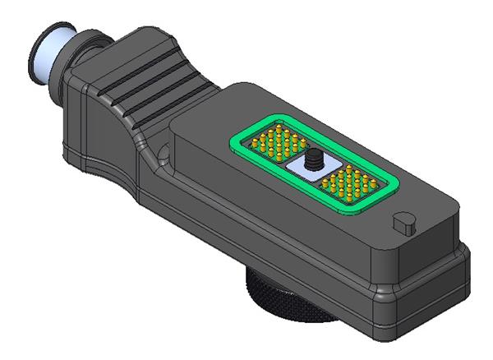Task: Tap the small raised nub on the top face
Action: coord(403,222)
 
